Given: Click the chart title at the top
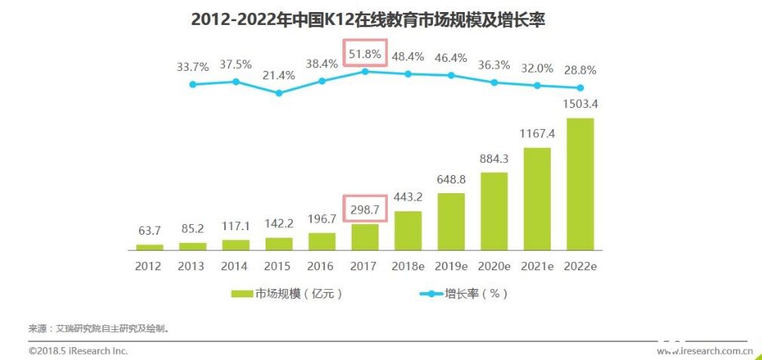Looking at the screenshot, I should [367, 20].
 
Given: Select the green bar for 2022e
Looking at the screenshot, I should [579, 183].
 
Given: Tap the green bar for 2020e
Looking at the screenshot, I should [494, 211].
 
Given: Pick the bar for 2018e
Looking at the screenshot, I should [408, 230].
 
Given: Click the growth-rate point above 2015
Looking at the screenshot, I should [279, 93].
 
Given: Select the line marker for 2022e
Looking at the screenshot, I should [579, 88].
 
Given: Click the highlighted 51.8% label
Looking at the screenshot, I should [365, 54].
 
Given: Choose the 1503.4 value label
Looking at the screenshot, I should [579, 103].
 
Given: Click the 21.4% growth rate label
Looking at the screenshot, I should [279, 76].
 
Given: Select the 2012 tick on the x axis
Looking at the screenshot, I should [149, 266].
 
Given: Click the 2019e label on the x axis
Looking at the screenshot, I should [451, 266].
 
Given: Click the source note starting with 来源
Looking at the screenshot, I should [99, 328].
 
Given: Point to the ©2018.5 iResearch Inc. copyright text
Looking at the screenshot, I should [78, 351].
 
